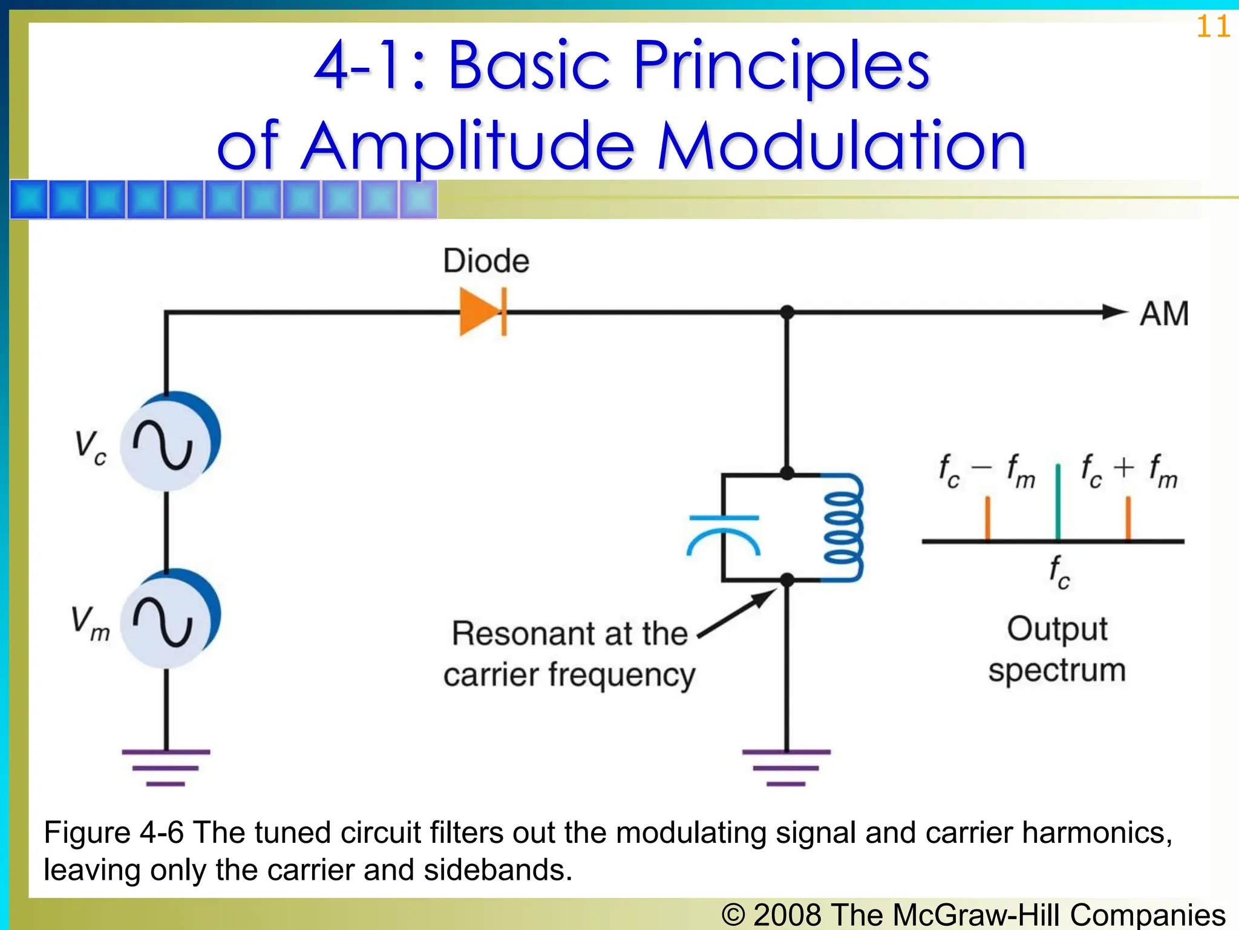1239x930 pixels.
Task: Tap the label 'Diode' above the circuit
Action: (486, 261)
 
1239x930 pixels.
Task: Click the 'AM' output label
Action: (1164, 314)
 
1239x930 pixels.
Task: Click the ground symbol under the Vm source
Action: (166, 767)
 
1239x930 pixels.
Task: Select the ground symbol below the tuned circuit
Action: (786, 767)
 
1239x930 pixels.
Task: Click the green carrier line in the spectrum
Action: (1058, 503)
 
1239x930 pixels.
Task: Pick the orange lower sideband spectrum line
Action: (987, 518)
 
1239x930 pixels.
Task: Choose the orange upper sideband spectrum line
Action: (1128, 518)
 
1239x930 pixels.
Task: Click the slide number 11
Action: (1212, 27)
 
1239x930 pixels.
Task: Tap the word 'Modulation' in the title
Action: (842, 147)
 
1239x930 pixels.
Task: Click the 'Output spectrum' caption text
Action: (1057, 649)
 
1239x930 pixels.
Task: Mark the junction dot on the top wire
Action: (786, 312)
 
